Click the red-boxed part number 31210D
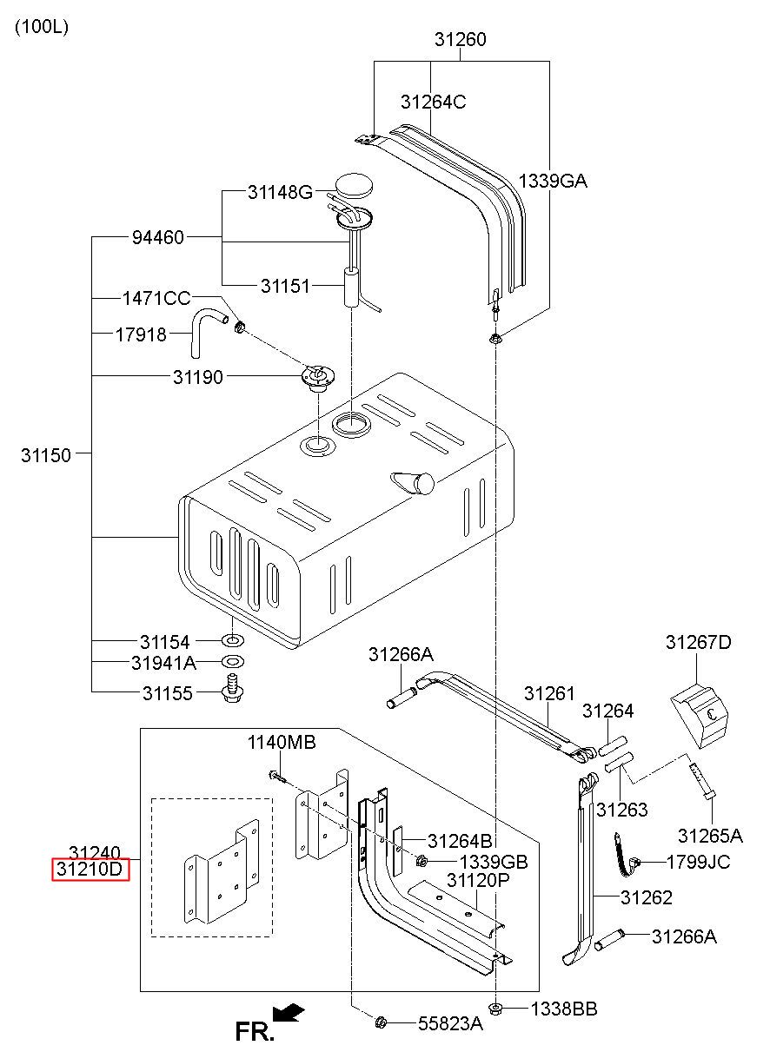click(x=90, y=869)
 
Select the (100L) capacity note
click(x=42, y=26)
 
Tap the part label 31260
click(x=460, y=39)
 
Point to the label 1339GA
click(x=553, y=181)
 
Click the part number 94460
click(x=158, y=237)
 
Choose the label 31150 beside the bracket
click(x=45, y=455)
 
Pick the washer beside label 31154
click(x=233, y=639)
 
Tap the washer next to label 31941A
click(x=233, y=662)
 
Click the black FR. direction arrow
click(x=288, y=1013)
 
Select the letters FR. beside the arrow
click(x=254, y=1032)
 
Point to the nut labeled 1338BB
click(x=495, y=1009)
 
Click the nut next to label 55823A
click(x=381, y=1031)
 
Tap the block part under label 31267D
click(x=699, y=718)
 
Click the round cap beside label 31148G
click(x=354, y=186)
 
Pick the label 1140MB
click(x=282, y=742)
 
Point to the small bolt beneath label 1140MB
click(x=277, y=777)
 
